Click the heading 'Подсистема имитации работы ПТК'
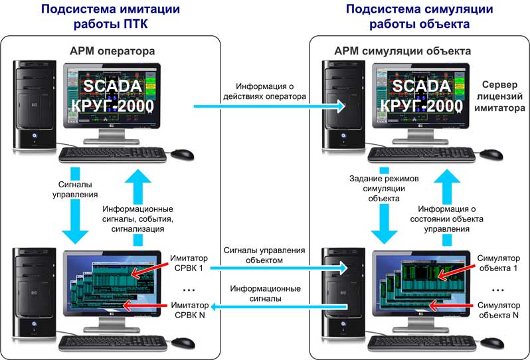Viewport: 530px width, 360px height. click(112, 17)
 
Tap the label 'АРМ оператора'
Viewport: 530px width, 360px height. click(112, 50)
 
